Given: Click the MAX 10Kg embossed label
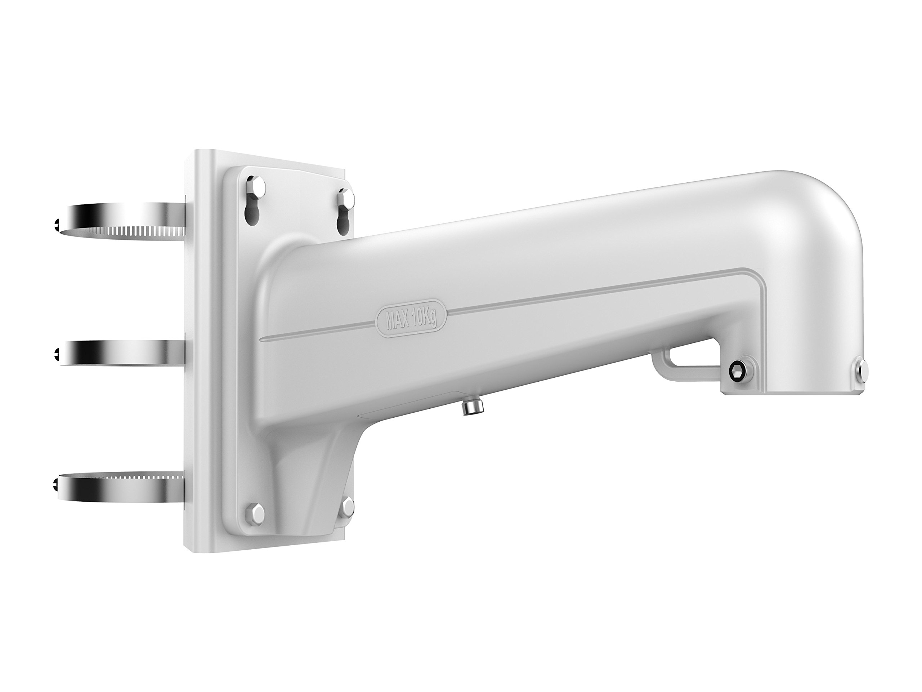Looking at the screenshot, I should pyautogui.click(x=411, y=320).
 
